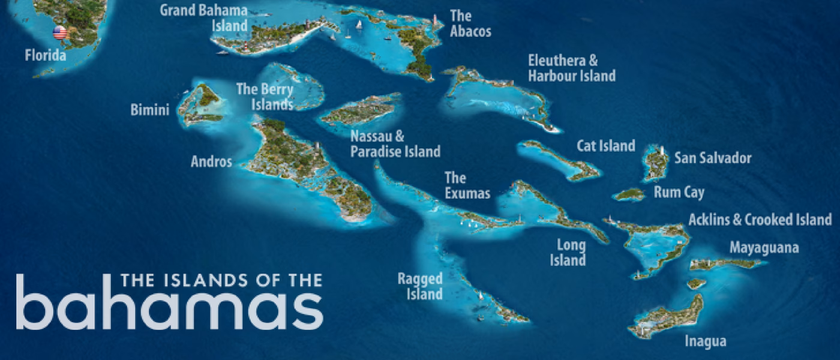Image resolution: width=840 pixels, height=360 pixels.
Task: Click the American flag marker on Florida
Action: pos(59,32)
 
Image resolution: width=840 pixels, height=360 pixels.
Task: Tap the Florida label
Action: pos(46,56)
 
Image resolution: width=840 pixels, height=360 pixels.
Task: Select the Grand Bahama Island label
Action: pos(203,18)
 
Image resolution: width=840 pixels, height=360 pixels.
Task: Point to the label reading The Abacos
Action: pos(470,23)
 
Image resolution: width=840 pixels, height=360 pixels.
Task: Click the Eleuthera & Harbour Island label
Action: pos(571,68)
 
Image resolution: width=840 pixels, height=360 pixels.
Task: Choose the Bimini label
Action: pos(149,110)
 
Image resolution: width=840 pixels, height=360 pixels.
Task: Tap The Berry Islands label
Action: pos(265,97)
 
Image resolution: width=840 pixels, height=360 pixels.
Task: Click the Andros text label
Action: pos(211,161)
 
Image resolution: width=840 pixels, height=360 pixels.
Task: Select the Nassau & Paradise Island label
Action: pos(395,144)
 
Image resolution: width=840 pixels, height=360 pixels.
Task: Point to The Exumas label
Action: pos(467,185)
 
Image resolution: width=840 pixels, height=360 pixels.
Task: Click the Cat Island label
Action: pos(605,146)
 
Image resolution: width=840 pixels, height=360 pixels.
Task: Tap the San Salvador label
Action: pos(712,158)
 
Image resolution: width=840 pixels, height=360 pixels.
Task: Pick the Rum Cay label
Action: pos(679,193)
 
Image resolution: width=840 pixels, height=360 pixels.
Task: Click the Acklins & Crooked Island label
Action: pos(760,220)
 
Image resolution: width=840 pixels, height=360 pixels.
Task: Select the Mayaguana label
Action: pos(764,248)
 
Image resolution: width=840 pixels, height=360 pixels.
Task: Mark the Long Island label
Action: pos(571,253)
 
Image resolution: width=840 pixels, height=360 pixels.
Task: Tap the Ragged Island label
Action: pos(420,286)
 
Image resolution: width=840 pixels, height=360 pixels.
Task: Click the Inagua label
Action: pos(706,341)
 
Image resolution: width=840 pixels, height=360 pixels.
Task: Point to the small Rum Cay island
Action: pos(629,194)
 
